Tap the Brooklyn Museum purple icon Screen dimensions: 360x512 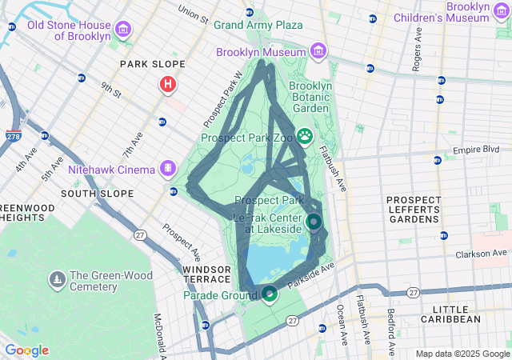(318, 52)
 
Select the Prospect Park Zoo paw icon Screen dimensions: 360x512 (305, 136)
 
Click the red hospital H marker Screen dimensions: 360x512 (168, 84)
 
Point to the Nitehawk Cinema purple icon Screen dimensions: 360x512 (168, 168)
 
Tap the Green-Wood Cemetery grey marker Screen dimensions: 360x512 (58, 280)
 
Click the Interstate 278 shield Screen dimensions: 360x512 (13, 137)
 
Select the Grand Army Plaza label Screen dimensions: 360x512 (258, 25)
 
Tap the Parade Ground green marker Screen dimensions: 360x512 (270, 295)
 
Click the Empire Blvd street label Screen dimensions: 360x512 (475, 150)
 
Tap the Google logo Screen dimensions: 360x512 (26, 350)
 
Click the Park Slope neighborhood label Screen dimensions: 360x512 (152, 64)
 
